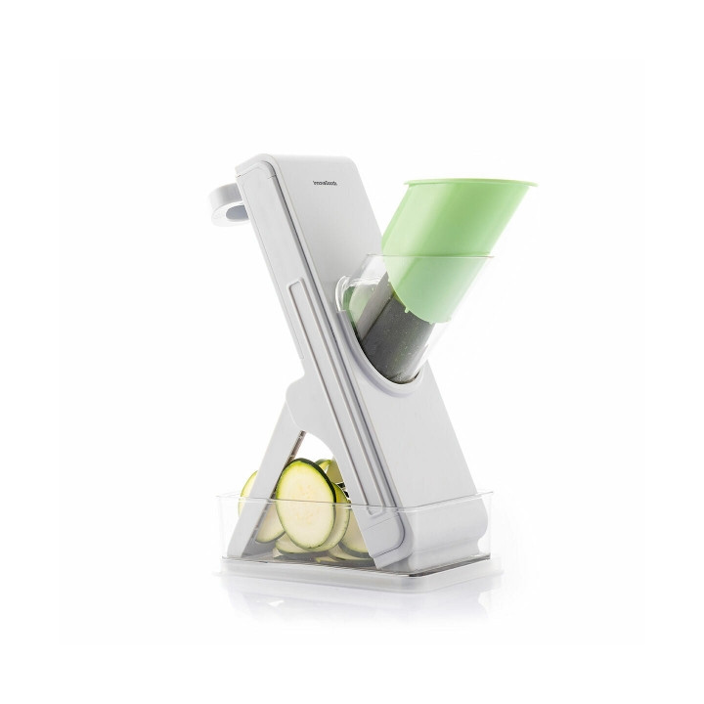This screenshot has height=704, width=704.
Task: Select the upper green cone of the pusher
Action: pyautogui.click(x=450, y=220)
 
